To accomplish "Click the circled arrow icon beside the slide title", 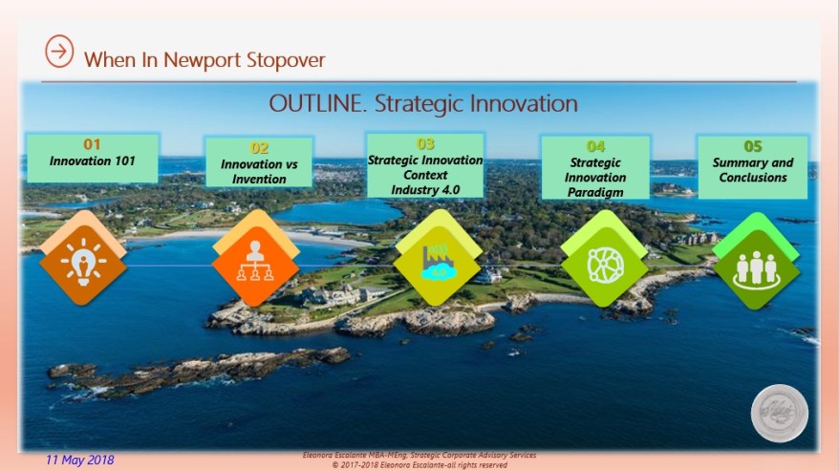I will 59,53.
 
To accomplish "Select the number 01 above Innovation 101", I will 92,144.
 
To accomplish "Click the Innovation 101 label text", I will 92,161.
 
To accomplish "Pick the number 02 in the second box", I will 260,147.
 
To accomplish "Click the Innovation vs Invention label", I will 260,171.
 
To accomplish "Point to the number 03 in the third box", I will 425,144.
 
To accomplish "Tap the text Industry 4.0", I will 425,189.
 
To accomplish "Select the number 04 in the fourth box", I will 595,146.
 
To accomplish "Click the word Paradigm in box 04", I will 595,191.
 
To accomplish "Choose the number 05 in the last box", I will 753,146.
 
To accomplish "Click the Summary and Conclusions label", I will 753,170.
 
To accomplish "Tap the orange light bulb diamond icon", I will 83,263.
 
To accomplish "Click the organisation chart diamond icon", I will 255,263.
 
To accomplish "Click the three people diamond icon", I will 756,268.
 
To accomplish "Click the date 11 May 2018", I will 79,460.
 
